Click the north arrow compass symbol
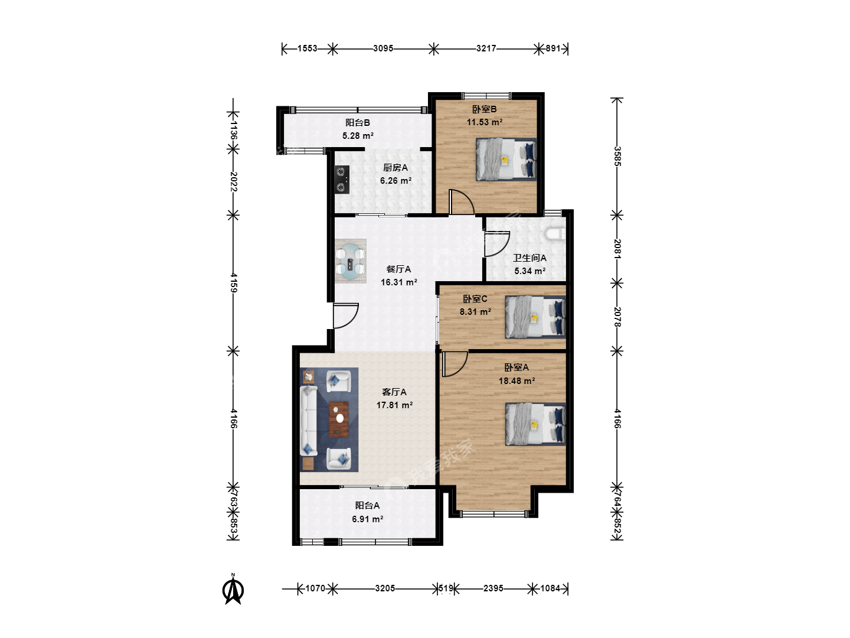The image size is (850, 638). point(233,590)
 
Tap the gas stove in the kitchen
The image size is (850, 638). point(342,180)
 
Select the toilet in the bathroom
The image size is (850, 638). point(554,234)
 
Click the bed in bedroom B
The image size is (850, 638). point(506,159)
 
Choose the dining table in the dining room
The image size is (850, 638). point(351,261)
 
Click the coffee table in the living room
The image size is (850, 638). point(339,419)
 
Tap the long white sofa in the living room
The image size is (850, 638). point(309,420)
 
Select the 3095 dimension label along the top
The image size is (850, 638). point(383,48)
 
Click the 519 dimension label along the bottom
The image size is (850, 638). point(446,588)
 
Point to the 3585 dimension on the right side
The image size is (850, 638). point(617,156)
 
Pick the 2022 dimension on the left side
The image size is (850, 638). point(233,181)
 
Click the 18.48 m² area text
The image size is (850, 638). point(516,381)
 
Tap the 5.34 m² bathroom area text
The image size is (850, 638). point(529,271)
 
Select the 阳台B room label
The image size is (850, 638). point(358,123)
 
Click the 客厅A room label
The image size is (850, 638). point(394,392)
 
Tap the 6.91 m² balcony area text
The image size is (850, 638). point(368,519)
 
